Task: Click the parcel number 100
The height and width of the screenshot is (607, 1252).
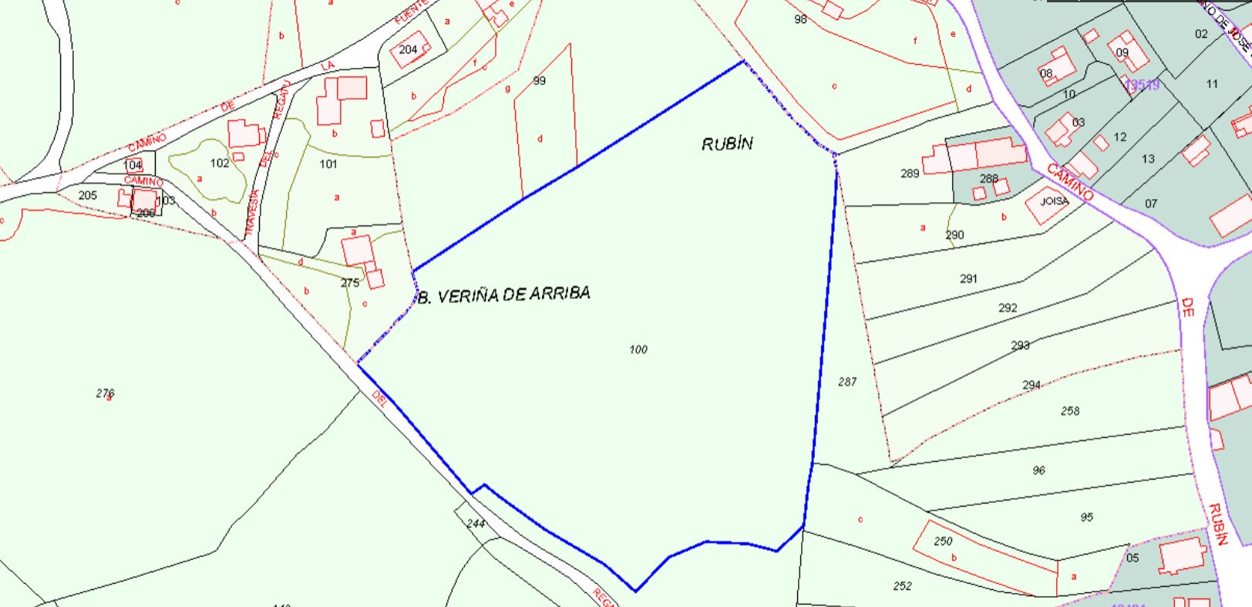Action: click(x=638, y=349)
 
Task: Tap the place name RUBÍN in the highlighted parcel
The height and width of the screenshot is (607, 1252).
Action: click(x=727, y=143)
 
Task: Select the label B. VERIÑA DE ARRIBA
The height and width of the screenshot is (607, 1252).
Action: click(x=503, y=295)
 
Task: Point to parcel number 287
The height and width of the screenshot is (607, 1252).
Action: click(x=847, y=382)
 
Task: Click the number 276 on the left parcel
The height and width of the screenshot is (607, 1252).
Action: click(x=106, y=393)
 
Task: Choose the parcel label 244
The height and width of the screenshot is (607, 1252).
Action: click(x=476, y=524)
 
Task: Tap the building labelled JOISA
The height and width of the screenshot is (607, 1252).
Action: click(x=1054, y=201)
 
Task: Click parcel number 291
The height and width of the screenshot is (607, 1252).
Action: click(x=968, y=278)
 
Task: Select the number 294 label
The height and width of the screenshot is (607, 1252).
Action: click(x=1032, y=385)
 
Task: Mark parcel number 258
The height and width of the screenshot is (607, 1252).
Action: click(x=1070, y=411)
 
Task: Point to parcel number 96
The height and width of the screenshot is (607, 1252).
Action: click(x=1038, y=470)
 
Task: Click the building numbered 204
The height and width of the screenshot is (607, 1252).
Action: click(x=409, y=49)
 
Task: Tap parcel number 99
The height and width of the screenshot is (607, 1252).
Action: click(x=539, y=81)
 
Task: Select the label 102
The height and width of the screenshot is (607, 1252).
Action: click(x=220, y=163)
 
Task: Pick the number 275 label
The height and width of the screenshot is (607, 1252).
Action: click(x=350, y=283)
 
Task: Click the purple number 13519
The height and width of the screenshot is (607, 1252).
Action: click(x=1142, y=85)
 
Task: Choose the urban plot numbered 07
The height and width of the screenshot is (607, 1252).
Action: click(x=1151, y=204)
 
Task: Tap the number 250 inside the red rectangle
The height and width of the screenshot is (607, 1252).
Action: click(x=943, y=541)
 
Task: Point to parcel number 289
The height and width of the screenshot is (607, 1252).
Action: click(x=910, y=174)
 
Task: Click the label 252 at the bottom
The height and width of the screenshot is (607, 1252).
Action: click(x=903, y=586)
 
